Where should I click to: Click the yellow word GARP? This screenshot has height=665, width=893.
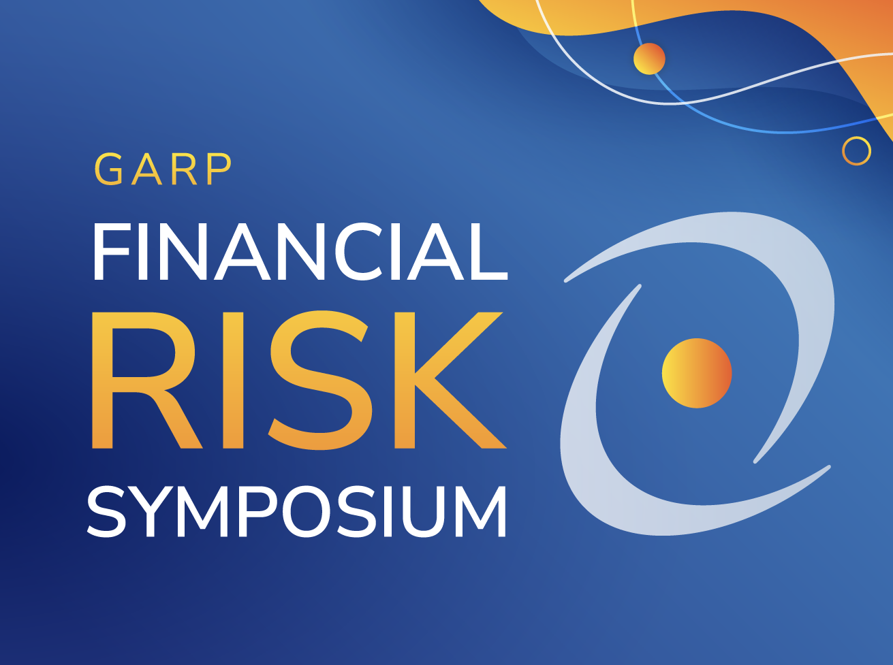tap(163, 169)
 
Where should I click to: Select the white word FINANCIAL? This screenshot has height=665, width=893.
tap(300, 252)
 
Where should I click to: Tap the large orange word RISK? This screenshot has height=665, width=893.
tap(298, 380)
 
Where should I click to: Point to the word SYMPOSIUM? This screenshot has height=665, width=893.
tap(297, 511)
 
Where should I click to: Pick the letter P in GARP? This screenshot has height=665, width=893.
tap(219, 169)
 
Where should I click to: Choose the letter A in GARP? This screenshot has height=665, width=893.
tap(146, 169)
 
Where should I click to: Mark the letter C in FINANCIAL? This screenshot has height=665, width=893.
tap(363, 252)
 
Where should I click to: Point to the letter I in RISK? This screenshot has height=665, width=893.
tap(233, 380)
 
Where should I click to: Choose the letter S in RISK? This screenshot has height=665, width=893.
tap(320, 380)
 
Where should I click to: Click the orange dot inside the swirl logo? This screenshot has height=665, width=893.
tap(696, 373)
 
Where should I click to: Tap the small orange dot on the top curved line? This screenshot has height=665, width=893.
tap(648, 59)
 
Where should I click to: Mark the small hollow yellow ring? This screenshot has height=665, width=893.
tap(856, 150)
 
